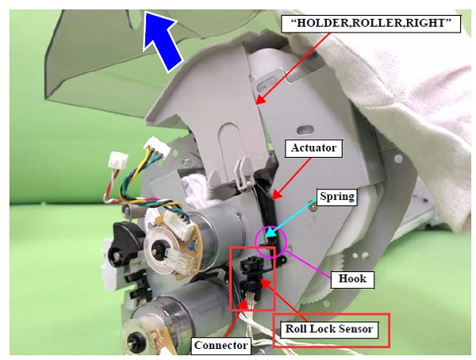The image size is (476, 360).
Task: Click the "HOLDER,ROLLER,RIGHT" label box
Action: point(370,23)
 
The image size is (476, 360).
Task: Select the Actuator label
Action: point(313,148)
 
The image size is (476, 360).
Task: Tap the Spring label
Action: point(336,197)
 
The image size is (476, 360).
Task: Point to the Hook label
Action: point(352,278)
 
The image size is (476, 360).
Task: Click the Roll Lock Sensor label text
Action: point(329,329)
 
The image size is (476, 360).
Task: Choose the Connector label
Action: point(221,345)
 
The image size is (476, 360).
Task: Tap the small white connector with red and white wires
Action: point(118,161)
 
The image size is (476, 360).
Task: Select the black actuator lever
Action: point(267,209)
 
